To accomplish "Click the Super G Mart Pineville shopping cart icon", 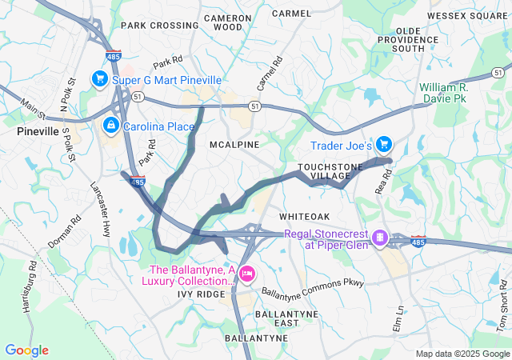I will click(x=100, y=78).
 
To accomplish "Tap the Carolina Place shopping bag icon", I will click(x=110, y=126).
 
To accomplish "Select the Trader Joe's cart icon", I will click(x=384, y=145).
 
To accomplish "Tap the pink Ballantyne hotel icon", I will click(x=247, y=274).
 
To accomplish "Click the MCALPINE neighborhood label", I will click(x=234, y=145).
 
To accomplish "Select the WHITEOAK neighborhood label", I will click(x=305, y=217).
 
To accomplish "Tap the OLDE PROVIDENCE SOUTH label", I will click(x=420, y=39).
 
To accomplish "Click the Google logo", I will click(x=26, y=350).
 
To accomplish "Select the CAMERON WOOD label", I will click(x=223, y=22).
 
